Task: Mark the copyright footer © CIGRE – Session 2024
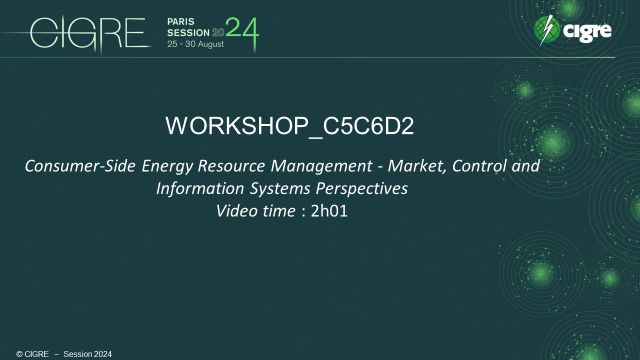(x=56, y=353)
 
